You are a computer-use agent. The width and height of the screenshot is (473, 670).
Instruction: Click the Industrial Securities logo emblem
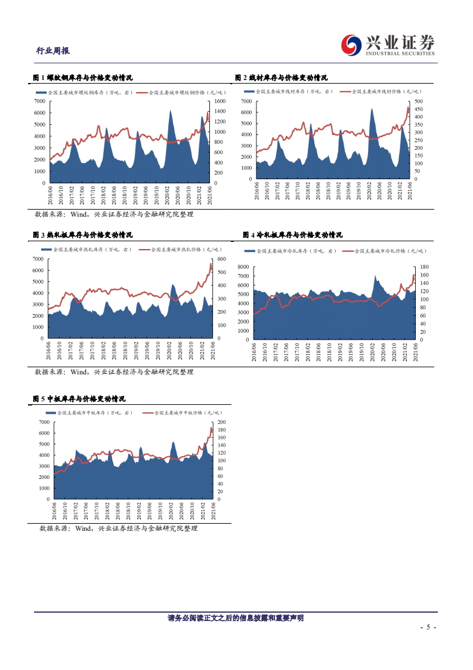[351, 44]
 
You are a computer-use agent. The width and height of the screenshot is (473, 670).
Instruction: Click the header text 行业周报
[52, 51]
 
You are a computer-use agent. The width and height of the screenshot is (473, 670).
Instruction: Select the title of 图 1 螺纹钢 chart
[82, 78]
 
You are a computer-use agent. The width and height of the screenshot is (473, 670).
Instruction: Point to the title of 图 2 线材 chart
[281, 78]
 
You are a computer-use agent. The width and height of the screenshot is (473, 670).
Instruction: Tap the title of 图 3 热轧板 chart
[82, 235]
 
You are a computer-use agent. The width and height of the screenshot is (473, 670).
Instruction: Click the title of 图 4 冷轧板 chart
[292, 235]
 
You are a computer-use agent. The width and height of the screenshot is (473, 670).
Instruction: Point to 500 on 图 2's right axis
[418, 102]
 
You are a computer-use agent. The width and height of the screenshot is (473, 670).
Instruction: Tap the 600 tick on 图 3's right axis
[222, 259]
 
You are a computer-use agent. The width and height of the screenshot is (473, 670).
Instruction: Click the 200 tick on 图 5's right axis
[222, 422]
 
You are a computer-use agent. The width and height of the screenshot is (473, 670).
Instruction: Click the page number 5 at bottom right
[428, 628]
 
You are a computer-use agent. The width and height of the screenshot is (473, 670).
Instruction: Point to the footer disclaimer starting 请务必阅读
[236, 618]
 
